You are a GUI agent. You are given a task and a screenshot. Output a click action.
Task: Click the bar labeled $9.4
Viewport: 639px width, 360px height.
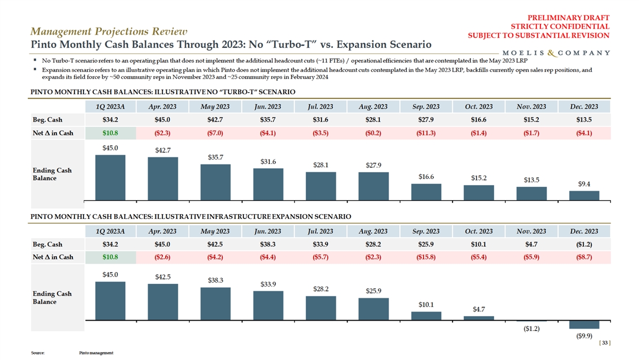point(584,195)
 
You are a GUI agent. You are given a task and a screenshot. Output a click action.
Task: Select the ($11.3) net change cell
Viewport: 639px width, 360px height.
point(425,133)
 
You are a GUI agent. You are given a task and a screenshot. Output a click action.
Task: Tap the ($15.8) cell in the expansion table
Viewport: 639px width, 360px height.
point(425,257)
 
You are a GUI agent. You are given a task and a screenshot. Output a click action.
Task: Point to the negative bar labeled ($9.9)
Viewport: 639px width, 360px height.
point(584,325)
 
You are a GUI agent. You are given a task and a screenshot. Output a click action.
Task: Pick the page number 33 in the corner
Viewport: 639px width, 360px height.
point(604,343)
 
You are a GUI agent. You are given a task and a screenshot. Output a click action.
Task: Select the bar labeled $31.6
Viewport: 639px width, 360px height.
point(268,184)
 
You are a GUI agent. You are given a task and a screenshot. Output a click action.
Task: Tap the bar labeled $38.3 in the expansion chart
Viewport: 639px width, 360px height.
point(215,304)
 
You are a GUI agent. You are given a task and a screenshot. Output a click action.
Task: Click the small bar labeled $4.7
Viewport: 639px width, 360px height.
point(478,318)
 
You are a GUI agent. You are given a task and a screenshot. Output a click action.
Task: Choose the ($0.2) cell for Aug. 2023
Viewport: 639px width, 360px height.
point(373,133)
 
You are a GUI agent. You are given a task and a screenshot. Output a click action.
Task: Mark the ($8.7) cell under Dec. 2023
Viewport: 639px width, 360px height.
point(584,257)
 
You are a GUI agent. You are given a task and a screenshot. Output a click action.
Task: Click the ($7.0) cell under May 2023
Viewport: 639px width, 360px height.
point(215,133)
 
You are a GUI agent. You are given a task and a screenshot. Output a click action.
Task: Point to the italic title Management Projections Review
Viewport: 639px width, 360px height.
point(109,32)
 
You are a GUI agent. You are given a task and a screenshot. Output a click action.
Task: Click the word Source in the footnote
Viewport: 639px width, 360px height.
point(38,353)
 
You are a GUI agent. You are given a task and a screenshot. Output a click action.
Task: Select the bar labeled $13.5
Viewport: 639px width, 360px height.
point(531,193)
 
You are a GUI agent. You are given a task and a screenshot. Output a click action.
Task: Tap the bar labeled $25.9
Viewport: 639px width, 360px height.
point(373,309)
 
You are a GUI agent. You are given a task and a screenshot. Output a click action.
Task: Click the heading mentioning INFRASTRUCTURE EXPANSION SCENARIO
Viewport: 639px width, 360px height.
point(191,217)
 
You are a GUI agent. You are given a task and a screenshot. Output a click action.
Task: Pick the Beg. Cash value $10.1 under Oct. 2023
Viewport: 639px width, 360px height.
point(478,244)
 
